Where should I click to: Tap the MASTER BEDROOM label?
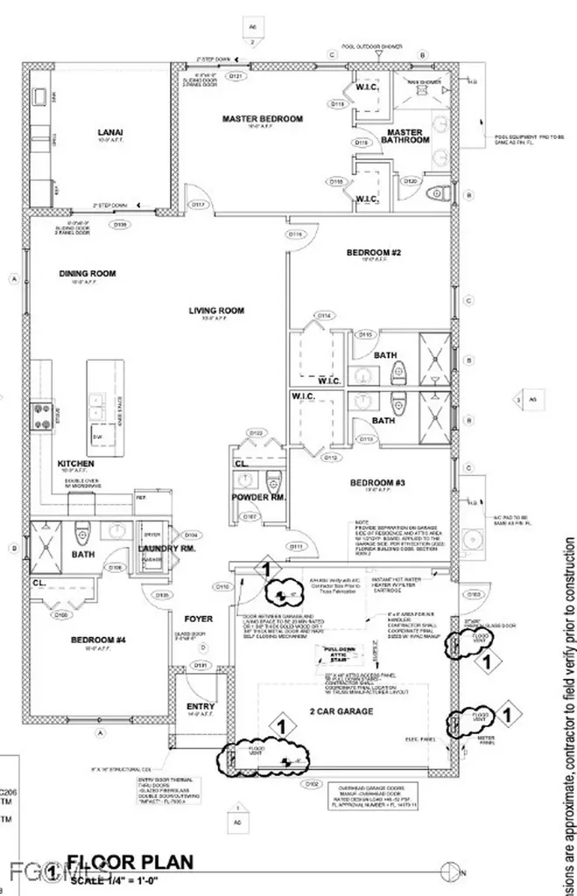262,120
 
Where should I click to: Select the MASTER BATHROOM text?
407,136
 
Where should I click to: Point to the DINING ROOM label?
88,274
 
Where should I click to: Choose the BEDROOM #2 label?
374,253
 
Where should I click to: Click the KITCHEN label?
76,464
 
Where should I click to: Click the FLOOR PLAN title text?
130,863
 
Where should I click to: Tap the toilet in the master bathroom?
438,192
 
